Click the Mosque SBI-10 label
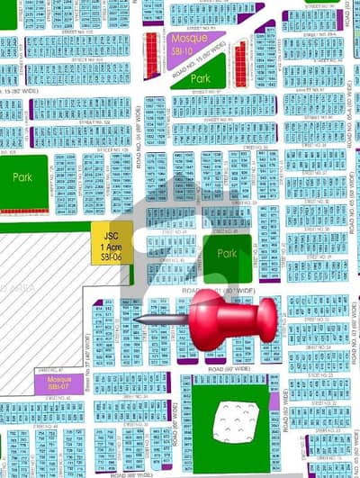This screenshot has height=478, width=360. (186, 43)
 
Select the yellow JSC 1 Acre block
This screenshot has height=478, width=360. (111, 242)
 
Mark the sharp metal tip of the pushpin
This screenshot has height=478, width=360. (136, 318)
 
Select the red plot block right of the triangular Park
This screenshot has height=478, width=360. (240, 62)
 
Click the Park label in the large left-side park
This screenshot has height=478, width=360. (22, 178)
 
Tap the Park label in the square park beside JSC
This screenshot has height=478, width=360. (227, 254)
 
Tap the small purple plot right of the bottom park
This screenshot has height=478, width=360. (274, 401)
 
